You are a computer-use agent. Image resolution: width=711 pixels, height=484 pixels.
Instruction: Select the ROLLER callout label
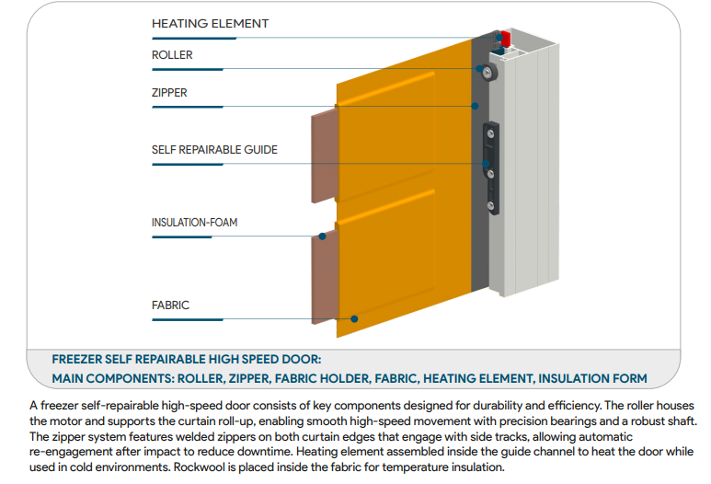tap(172, 55)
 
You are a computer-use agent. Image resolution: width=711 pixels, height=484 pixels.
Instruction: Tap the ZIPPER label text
tap(169, 93)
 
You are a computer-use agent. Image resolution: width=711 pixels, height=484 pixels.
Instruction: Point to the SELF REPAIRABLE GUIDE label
tap(214, 149)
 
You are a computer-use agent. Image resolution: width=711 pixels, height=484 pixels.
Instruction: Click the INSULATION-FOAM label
tap(195, 223)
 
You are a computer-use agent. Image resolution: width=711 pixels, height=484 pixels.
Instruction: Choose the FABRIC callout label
tap(170, 305)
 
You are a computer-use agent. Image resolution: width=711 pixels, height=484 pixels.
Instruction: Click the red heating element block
tap(504, 38)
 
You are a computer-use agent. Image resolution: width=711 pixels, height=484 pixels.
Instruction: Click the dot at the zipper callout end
tap(476, 107)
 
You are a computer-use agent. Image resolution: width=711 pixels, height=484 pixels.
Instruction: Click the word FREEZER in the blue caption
tap(79, 360)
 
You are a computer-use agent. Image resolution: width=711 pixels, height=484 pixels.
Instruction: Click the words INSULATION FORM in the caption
tap(592, 378)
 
